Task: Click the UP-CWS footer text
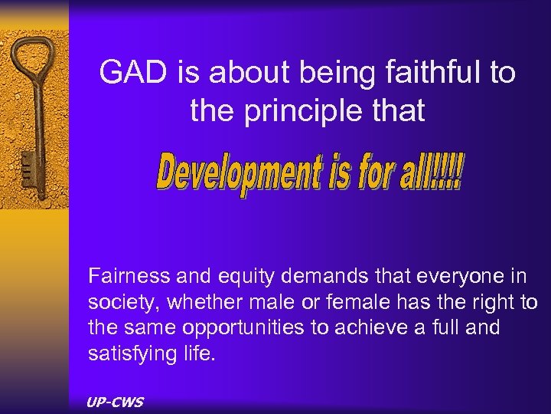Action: [x=116, y=402]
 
